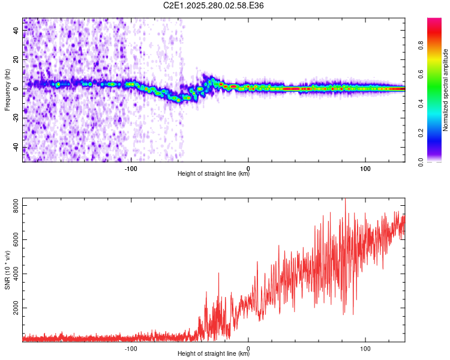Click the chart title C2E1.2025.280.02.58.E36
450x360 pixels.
[x=214, y=5]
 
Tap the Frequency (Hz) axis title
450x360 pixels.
[x=7, y=90]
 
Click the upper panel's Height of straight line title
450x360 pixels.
[x=214, y=175]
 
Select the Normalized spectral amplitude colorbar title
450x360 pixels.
[x=446, y=90]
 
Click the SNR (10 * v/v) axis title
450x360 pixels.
[x=7, y=270]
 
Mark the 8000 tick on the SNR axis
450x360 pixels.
[x=13, y=206]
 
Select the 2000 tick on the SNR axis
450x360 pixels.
[x=13, y=308]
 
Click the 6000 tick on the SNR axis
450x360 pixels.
[x=13, y=240]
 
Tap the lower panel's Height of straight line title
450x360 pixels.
[x=214, y=355]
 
